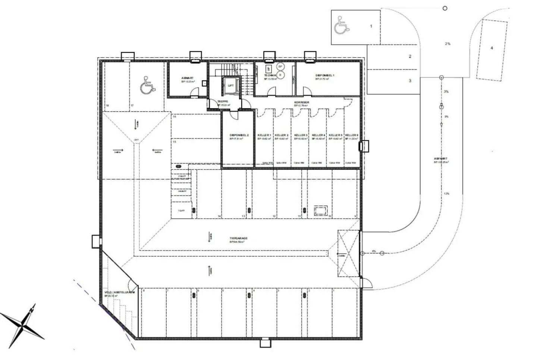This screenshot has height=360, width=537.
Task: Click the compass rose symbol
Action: (x=23, y=325)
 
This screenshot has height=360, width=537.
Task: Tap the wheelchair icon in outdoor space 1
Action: (x=341, y=25)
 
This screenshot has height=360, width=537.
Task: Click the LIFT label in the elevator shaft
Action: (x=231, y=85)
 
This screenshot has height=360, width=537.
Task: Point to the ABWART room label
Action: (x=188, y=78)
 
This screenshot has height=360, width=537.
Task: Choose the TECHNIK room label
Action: (x=270, y=75)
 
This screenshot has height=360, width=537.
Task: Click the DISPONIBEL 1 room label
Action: (x=324, y=75)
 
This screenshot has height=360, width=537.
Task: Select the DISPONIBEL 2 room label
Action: (x=239, y=135)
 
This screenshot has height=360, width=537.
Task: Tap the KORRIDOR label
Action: (x=302, y=102)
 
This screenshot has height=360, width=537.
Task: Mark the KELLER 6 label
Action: (x=352, y=135)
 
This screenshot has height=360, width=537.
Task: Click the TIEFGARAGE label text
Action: (x=239, y=238)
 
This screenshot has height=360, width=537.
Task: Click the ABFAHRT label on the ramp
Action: (x=441, y=159)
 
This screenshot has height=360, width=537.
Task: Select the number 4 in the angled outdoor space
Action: (x=492, y=48)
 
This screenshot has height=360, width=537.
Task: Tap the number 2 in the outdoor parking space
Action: (x=410, y=56)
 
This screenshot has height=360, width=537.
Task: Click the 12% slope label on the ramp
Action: (x=446, y=194)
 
